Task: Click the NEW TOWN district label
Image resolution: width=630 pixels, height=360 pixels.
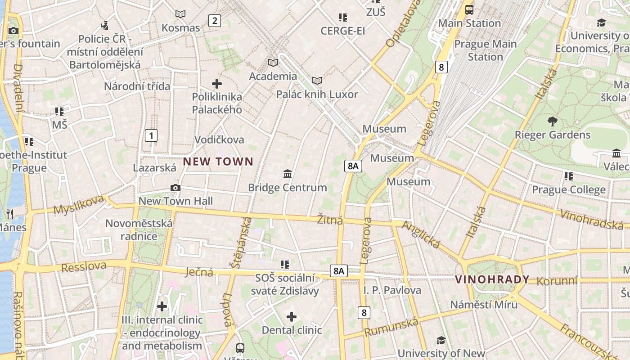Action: pyautogui.click(x=218, y=162)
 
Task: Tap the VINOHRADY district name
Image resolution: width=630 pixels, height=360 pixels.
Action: pyautogui.click(x=492, y=279)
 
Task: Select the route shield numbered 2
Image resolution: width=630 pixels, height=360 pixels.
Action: pyautogui.click(x=215, y=20)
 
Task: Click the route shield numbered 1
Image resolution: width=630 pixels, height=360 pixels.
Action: pyautogui.click(x=151, y=135)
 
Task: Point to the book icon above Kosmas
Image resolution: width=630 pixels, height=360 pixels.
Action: pyautogui.click(x=180, y=14)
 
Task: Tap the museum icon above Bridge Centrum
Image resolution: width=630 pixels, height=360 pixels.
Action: pyautogui.click(x=288, y=174)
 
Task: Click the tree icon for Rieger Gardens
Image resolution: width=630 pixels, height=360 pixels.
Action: pyautogui.click(x=553, y=121)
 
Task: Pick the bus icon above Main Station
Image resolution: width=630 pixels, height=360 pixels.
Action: pyautogui.click(x=469, y=9)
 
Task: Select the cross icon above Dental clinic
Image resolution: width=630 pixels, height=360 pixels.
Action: pyautogui.click(x=292, y=317)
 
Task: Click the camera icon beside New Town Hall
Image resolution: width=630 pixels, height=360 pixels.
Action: pyautogui.click(x=175, y=188)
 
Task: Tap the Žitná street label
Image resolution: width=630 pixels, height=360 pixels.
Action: pyautogui.click(x=330, y=220)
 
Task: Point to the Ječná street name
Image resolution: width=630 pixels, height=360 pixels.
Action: pyautogui.click(x=199, y=271)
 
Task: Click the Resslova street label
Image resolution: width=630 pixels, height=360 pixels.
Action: pyautogui.click(x=84, y=267)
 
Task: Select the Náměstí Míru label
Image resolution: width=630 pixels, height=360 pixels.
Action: pyautogui.click(x=484, y=305)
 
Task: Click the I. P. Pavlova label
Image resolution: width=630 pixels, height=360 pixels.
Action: pyautogui.click(x=392, y=290)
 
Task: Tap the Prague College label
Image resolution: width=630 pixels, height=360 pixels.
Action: pyautogui.click(x=569, y=189)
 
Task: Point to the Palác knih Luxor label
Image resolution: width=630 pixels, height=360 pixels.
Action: pyautogui.click(x=317, y=94)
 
